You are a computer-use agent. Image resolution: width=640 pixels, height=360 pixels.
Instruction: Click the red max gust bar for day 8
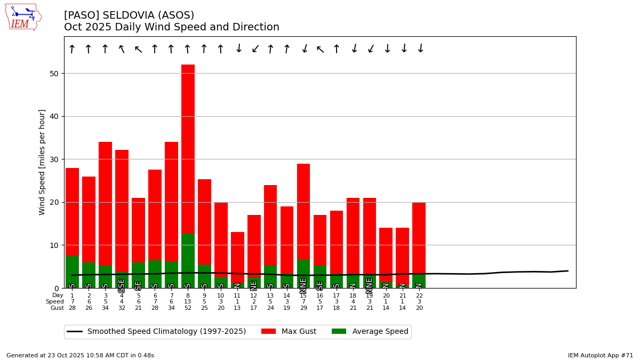188,149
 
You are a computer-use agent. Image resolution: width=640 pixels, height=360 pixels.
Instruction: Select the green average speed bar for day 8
188,261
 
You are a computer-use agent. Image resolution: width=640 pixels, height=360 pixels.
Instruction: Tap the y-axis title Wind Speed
42,162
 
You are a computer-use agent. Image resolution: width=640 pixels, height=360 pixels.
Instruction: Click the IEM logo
22,17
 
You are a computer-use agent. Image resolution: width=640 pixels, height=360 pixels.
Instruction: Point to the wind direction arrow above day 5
138,50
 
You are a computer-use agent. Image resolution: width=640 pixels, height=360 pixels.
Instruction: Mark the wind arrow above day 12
254,50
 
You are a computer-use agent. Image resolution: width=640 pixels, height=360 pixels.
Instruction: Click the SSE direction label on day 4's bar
122,285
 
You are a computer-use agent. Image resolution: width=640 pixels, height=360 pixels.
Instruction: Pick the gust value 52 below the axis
188,308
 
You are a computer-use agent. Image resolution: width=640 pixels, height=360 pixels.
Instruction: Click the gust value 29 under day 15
303,308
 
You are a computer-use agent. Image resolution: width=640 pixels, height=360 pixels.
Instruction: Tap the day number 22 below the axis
419,295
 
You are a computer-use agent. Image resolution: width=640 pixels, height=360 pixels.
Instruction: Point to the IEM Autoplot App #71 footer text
600,355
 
